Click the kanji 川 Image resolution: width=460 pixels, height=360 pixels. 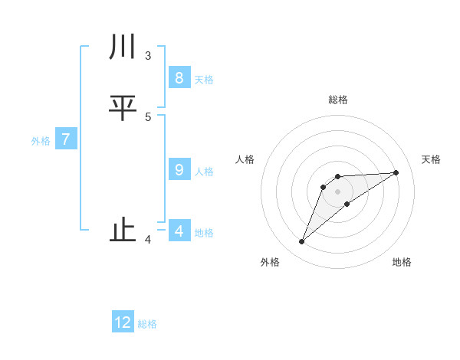pos(123,48)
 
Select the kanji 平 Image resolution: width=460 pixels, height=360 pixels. pos(123,109)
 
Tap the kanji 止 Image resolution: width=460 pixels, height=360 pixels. pos(123,231)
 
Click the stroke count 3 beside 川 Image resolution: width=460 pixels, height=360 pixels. pos(148,56)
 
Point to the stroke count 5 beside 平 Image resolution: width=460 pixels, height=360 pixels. pos(148,117)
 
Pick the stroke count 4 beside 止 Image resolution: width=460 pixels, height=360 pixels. pos(148,240)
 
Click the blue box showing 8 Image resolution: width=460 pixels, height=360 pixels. pos(179,78)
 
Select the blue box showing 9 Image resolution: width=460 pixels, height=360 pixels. pos(179,170)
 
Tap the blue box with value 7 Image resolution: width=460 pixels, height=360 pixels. pos(66,140)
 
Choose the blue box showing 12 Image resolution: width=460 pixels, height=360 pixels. pos(123,322)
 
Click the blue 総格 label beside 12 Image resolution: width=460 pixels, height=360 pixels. pos(147,324)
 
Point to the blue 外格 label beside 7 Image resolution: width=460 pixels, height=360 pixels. pos(41,141)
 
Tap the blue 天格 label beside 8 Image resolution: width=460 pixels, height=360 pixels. pos(204,80)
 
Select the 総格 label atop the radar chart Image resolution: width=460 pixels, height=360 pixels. pos(337,100)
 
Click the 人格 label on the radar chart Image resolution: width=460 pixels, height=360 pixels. pos(245,159)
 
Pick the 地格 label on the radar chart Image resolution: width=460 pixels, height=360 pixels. pos(402,262)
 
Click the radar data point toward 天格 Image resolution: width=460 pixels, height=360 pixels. pos(396,172)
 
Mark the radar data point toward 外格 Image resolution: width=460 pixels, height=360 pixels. pos(301,242)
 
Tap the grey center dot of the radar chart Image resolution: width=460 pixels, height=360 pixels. pos(337,191)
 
